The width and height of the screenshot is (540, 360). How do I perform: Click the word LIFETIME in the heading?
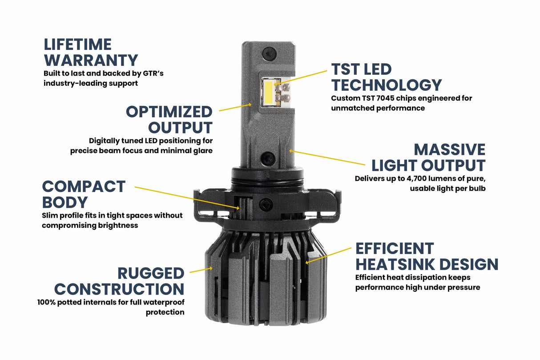tap(77, 44)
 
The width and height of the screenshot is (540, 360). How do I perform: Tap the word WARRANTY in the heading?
tap(91, 61)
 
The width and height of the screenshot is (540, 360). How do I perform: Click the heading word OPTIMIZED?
tap(169, 111)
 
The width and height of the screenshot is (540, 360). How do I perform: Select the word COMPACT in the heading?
tap(84, 186)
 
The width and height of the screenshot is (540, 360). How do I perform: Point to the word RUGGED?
tap(151, 273)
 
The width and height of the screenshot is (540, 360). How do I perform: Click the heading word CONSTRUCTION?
tap(119, 289)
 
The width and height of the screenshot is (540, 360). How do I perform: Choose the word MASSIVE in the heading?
tap(450, 149)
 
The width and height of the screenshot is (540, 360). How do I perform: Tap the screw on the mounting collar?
tap(266, 204)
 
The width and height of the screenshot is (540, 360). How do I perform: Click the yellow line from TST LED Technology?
tap(302, 77)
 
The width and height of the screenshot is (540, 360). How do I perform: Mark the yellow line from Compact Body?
tap(187, 198)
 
